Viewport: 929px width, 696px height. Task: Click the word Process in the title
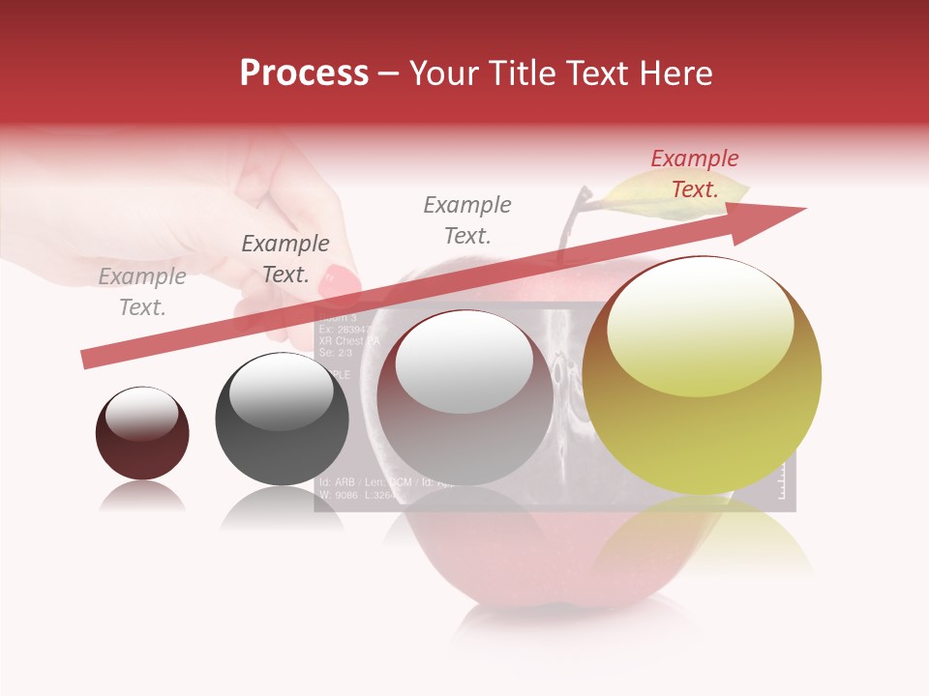click(x=304, y=73)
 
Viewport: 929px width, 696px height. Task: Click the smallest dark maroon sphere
click(x=142, y=433)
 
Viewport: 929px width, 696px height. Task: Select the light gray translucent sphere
click(x=464, y=398)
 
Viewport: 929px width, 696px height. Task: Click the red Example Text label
click(x=694, y=174)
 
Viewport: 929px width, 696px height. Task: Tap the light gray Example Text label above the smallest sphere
click(x=142, y=292)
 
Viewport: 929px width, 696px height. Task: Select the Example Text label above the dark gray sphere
click(x=285, y=259)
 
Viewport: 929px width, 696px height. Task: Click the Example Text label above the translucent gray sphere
click(x=467, y=220)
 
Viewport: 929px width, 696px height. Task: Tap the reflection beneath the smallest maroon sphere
click(x=142, y=497)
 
